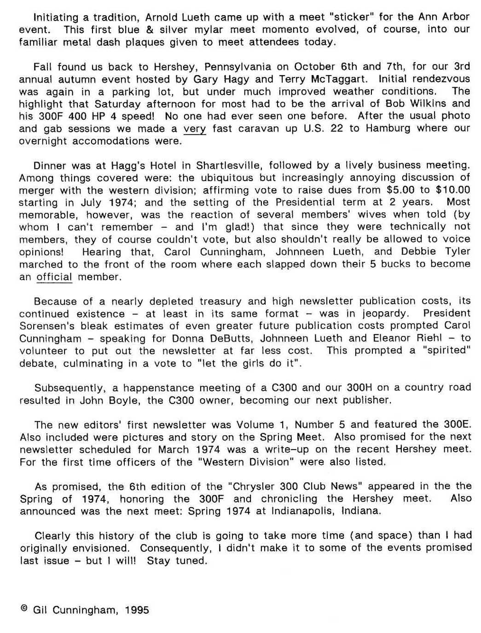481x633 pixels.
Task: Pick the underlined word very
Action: click(195, 129)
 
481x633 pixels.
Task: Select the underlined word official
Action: click(54, 277)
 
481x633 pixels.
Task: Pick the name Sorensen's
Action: click(48, 326)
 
